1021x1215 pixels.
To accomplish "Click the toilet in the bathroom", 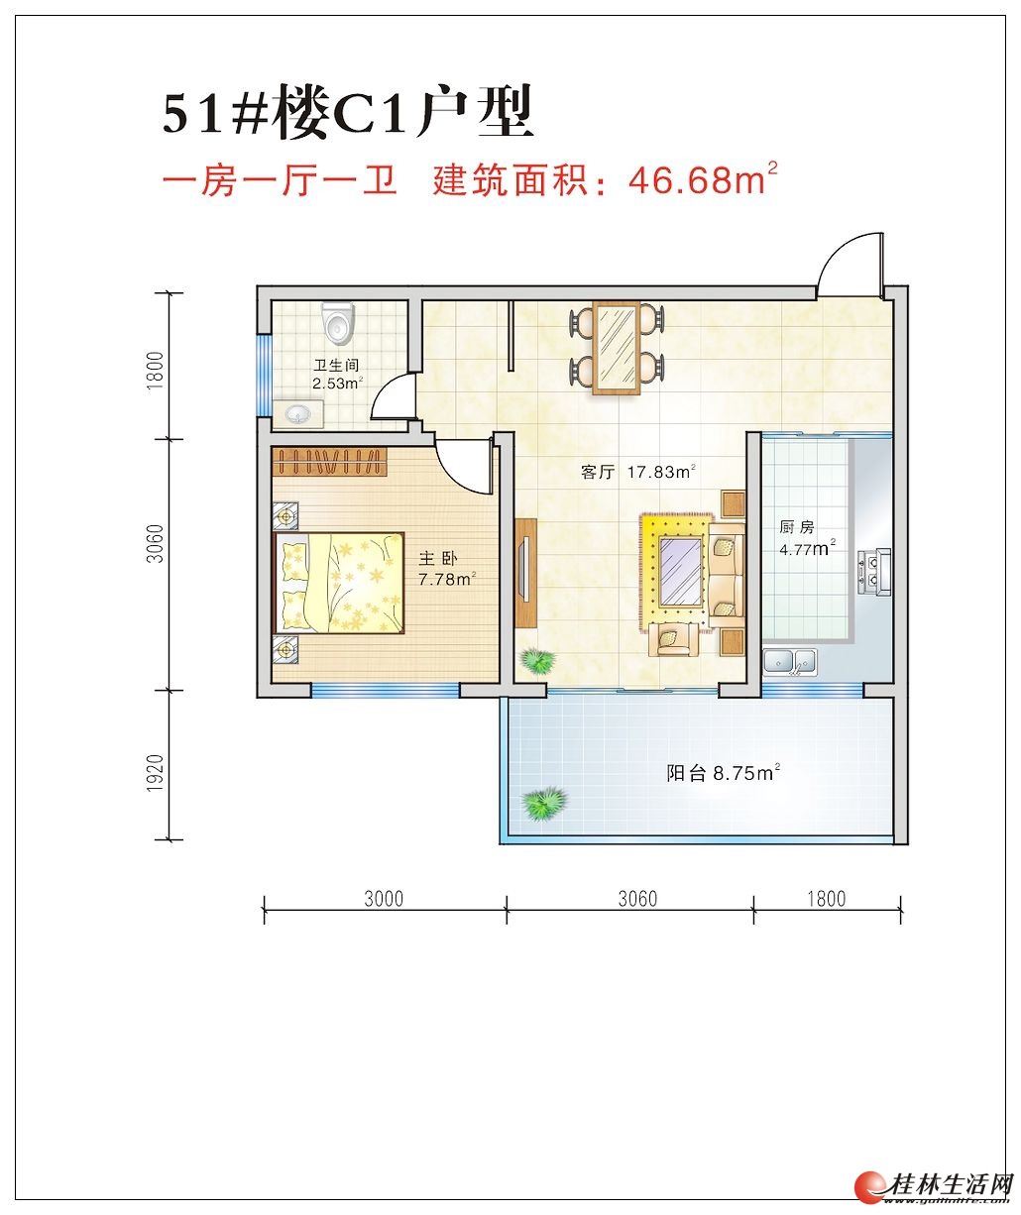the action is (338, 323).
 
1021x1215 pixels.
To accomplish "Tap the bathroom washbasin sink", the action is (298, 414).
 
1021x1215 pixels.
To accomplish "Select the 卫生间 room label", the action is (336, 366).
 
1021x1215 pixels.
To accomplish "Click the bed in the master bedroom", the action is (340, 582).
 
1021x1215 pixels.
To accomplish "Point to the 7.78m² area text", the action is (447, 579).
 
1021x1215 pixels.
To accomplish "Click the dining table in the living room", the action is (617, 349).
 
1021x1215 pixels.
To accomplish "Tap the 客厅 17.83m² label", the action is (638, 472).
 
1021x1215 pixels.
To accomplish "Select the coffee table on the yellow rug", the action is (680, 573).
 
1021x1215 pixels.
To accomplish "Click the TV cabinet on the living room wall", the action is (526, 573).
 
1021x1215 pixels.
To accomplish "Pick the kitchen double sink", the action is (790, 662).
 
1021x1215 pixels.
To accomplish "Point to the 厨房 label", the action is (797, 527).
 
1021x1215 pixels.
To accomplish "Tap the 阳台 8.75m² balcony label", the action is (723, 773).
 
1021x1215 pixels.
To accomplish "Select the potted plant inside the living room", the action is (538, 660).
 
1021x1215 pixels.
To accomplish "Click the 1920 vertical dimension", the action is (155, 772).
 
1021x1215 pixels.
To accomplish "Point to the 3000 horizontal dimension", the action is (384, 899).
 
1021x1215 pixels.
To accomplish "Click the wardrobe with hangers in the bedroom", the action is (330, 462).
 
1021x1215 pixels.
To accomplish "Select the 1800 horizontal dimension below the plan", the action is (826, 899).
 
